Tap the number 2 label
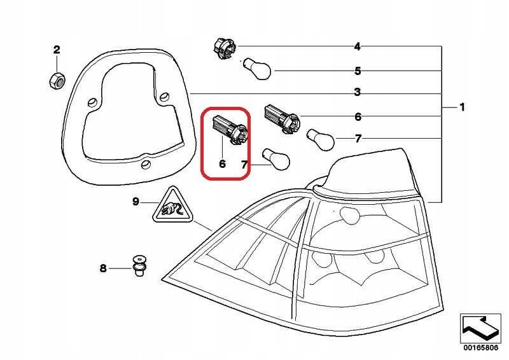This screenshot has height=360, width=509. point(57,50)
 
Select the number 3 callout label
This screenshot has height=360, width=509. point(358,93)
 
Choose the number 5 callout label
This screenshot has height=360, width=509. point(358,71)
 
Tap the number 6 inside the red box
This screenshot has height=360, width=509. point(222,163)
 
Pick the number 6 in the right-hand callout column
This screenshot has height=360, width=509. point(358,117)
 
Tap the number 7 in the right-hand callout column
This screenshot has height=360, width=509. point(358,139)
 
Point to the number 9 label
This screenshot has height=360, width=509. point(136,202)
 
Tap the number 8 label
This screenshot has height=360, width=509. point(103,268)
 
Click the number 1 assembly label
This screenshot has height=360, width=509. point(463,107)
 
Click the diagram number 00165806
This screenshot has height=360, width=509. point(480,348)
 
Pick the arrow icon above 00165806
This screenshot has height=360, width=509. point(479,326)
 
